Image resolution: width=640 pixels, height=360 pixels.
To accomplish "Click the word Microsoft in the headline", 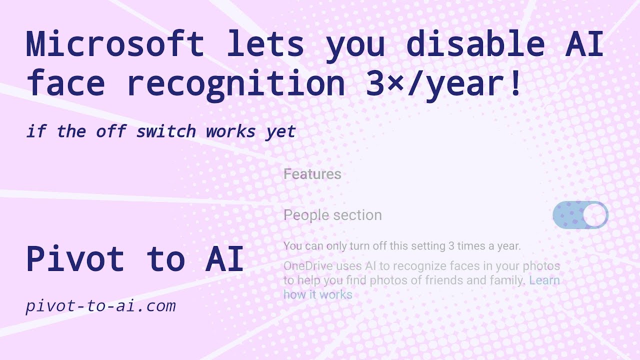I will [x=115, y=44].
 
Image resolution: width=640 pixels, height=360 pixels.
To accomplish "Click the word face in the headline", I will [x=65, y=84].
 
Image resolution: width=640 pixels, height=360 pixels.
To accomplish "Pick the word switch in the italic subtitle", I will [x=165, y=131].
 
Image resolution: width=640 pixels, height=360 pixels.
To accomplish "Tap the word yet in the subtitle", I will [x=280, y=132].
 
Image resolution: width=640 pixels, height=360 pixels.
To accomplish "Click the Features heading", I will [x=312, y=174].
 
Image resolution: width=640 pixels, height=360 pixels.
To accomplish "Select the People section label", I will [x=332, y=215].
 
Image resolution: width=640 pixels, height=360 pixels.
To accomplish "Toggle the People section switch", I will [x=580, y=215].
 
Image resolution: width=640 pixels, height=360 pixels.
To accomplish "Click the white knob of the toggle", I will [x=594, y=215].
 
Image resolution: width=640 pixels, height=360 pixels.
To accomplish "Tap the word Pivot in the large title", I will [x=75, y=259].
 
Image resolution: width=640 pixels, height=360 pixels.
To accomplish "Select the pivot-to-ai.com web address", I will [x=100, y=305].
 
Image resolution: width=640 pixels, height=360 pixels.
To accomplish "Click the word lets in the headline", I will [x=265, y=44].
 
